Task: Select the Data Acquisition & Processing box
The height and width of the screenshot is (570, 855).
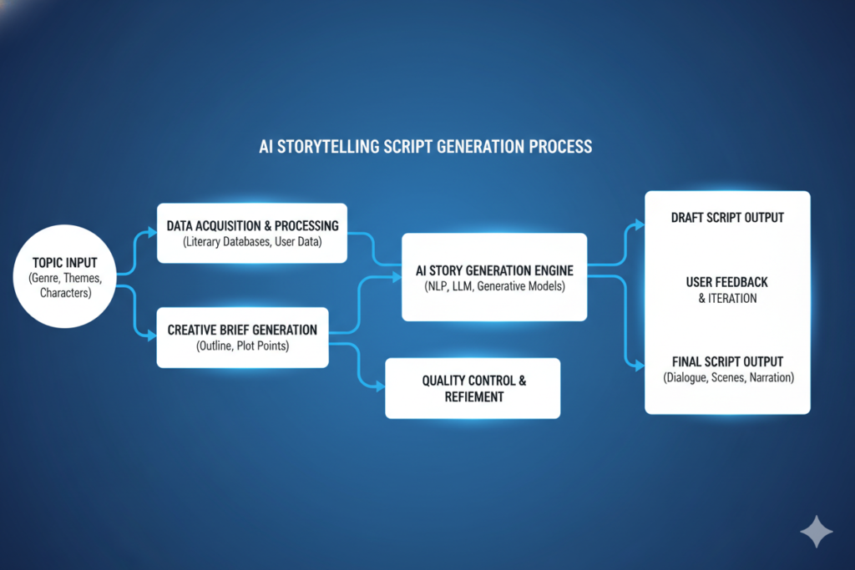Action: pyautogui.click(x=252, y=233)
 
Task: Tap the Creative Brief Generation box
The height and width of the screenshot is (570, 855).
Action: pyautogui.click(x=242, y=337)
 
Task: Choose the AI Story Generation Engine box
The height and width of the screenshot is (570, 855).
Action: pyautogui.click(x=494, y=278)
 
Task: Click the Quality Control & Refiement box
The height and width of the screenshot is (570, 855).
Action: pyautogui.click(x=473, y=388)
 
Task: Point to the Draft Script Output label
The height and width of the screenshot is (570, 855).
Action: pyautogui.click(x=727, y=218)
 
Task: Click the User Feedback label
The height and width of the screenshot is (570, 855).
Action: pyautogui.click(x=726, y=283)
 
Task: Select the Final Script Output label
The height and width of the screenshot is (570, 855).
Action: pyautogui.click(x=727, y=361)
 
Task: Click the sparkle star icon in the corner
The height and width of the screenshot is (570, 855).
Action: pyautogui.click(x=816, y=532)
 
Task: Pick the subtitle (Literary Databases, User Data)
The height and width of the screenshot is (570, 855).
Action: pyautogui.click(x=252, y=242)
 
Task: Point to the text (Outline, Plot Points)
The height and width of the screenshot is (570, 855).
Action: pyautogui.click(x=242, y=346)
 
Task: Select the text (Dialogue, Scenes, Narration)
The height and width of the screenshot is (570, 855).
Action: pyautogui.click(x=728, y=377)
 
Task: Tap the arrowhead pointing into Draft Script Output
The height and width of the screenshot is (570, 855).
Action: pyautogui.click(x=640, y=224)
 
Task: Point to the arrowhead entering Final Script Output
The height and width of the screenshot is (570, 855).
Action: pyautogui.click(x=640, y=366)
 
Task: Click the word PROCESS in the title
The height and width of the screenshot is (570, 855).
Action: pyautogui.click(x=560, y=147)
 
